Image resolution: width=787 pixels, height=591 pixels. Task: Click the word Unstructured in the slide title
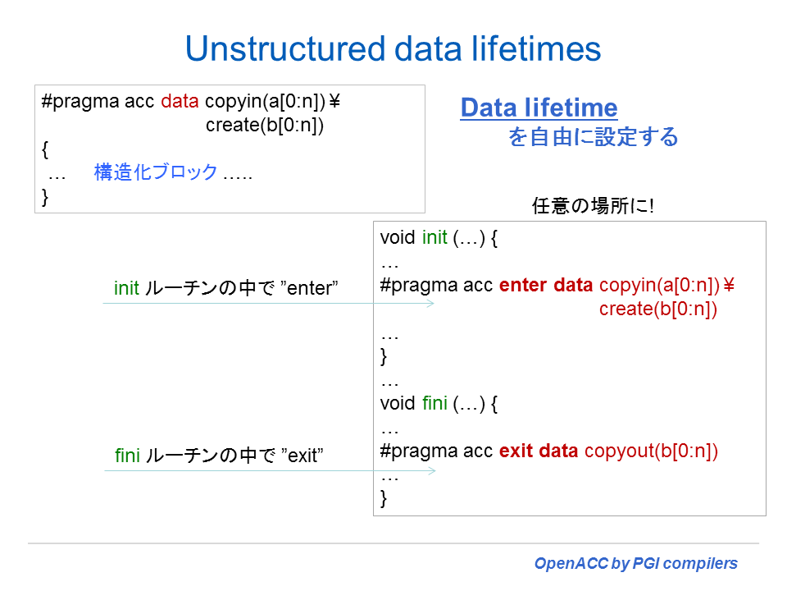pyautogui.click(x=286, y=48)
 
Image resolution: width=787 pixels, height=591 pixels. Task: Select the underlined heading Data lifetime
pyautogui.click(x=539, y=108)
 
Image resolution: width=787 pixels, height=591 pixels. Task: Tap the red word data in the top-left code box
pyautogui.click(x=180, y=101)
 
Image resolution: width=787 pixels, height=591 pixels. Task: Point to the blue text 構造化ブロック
pyautogui.click(x=156, y=172)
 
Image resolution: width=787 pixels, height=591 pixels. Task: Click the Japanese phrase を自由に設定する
pyautogui.click(x=594, y=137)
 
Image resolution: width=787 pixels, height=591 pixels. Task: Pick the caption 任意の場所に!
pyautogui.click(x=593, y=205)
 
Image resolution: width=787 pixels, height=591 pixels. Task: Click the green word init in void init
pyautogui.click(x=434, y=237)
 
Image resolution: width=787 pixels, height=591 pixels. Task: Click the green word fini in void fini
pyautogui.click(x=434, y=403)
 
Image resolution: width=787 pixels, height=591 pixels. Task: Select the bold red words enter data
pyautogui.click(x=546, y=285)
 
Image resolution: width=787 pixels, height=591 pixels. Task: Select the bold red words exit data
pyautogui.click(x=539, y=451)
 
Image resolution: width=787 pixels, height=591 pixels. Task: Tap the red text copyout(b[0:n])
pyautogui.click(x=651, y=451)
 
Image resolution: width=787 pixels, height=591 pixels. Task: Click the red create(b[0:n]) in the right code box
pyautogui.click(x=658, y=309)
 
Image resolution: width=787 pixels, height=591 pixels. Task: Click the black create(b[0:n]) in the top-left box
pyautogui.click(x=265, y=125)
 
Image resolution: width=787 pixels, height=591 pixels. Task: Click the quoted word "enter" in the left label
pyautogui.click(x=309, y=288)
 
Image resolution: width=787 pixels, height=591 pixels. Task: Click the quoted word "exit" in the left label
pyautogui.click(x=303, y=456)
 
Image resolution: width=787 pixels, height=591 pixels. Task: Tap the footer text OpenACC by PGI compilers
pyautogui.click(x=636, y=563)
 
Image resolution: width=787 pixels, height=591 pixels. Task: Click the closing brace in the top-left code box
pyautogui.click(x=45, y=196)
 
